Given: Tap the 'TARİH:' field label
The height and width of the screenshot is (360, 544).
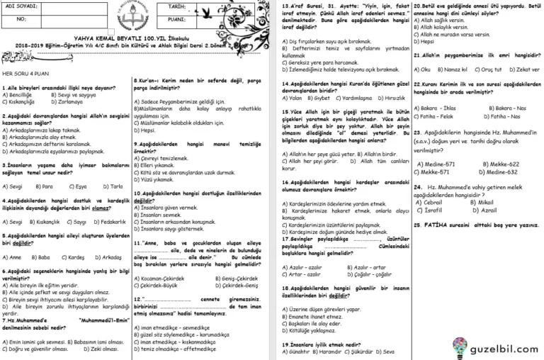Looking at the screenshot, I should (177, 6).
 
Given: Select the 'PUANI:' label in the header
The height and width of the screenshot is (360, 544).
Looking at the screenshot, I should (177, 20).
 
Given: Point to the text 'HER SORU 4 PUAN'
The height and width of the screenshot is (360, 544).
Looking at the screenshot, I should (25, 72).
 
